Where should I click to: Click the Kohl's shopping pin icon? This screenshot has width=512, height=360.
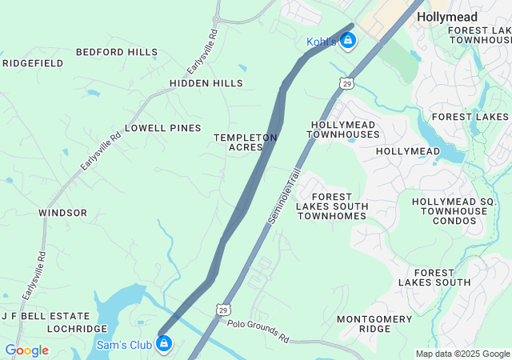click(347, 42)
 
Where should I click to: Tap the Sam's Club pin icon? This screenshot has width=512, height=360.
click(164, 344)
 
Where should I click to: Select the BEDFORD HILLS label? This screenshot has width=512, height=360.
click(117, 52)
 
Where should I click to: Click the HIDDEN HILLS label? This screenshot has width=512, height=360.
click(206, 83)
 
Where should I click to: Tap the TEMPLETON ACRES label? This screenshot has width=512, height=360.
click(245, 142)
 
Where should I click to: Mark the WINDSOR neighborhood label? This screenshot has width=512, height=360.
click(62, 213)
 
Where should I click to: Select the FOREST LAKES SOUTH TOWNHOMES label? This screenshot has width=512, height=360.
click(332, 206)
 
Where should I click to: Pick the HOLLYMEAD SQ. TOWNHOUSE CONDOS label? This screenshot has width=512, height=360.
click(449, 211)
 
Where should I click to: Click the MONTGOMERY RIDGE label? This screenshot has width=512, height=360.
click(374, 324)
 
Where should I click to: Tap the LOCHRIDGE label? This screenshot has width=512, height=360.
click(77, 329)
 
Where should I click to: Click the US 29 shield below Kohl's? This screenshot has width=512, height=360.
click(346, 83)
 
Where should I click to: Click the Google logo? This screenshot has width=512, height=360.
click(26, 350)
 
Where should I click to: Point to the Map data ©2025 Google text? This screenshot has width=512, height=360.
click(462, 354)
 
